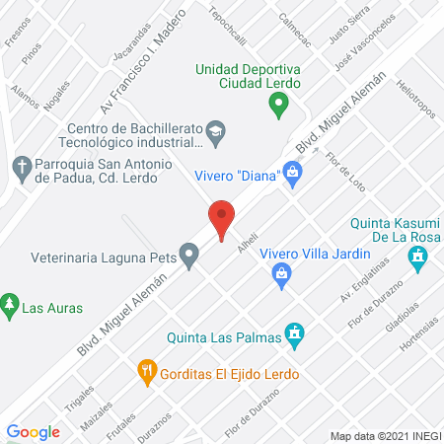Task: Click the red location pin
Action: [222, 218]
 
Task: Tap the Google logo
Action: [34, 431]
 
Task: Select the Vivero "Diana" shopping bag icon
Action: [292, 174]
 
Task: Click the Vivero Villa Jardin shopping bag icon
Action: [282, 277]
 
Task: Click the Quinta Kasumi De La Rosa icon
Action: [421, 258]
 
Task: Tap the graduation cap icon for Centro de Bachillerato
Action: [215, 129]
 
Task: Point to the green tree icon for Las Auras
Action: [11, 302]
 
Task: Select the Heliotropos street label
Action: [413, 124]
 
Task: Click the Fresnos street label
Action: [15, 35]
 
